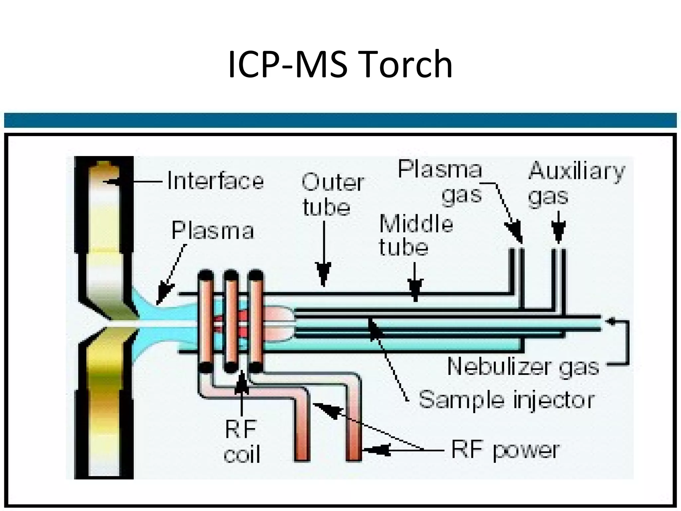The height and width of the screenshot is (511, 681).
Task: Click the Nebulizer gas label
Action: [523, 367]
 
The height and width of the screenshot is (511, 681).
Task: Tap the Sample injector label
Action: [506, 400]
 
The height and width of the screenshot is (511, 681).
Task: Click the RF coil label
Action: [241, 441]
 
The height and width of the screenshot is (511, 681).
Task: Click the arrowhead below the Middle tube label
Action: [415, 290]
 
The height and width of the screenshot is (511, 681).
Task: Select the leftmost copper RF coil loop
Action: [205, 321]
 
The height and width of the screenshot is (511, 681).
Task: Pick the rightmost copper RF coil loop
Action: [256, 321]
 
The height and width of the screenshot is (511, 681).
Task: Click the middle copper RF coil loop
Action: [231, 321]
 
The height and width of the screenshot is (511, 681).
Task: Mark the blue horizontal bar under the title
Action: [340, 120]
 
